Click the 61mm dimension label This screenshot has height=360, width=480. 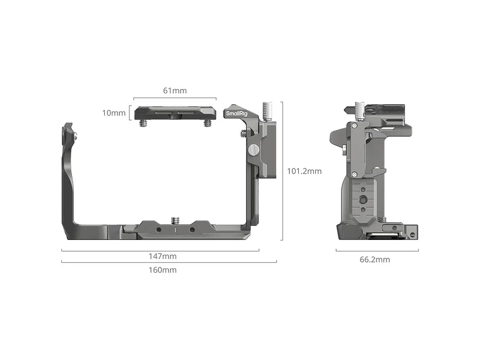175,90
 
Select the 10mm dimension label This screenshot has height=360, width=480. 114,113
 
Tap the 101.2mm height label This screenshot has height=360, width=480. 304,171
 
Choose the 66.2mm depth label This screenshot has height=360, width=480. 375,260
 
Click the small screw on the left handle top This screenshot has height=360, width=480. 76,135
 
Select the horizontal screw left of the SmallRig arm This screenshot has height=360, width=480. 244,133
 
